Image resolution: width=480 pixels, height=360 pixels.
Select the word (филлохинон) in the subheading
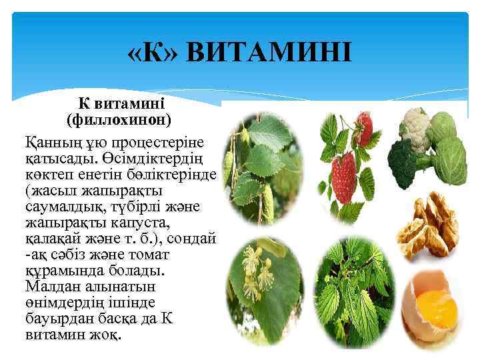point(119,120)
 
